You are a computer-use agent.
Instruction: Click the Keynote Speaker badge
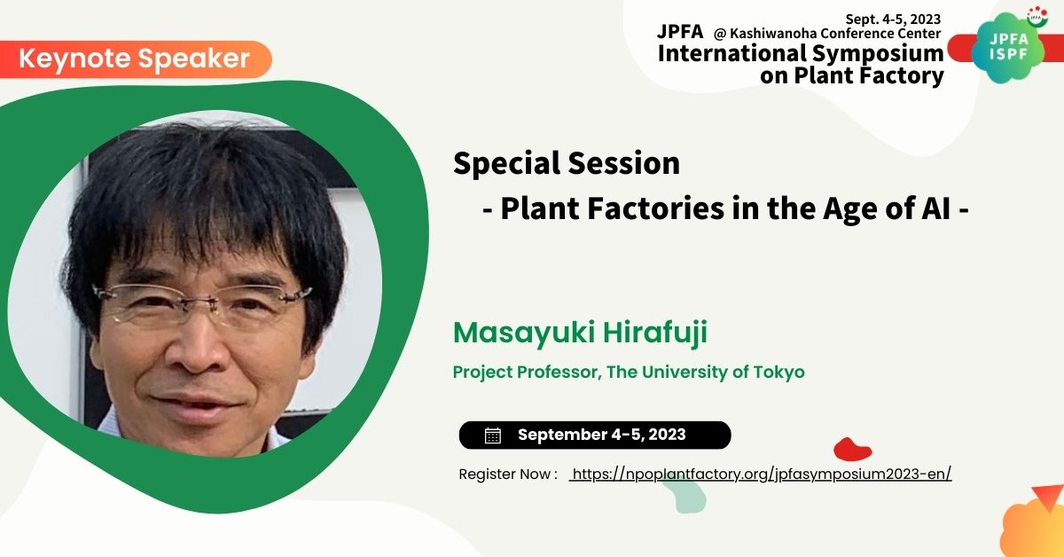click(136, 59)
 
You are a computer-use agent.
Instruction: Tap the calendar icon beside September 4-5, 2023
click(493, 435)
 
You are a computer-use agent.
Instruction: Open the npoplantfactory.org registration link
click(761, 475)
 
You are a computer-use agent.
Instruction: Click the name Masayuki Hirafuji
click(580, 333)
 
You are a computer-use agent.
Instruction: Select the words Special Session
click(567, 163)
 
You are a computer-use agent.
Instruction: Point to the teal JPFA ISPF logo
click(1008, 48)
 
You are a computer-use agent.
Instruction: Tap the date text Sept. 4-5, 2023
click(893, 19)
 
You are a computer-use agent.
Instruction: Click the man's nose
click(197, 349)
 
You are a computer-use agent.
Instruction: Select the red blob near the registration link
click(853, 449)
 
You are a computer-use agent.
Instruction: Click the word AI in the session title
click(935, 208)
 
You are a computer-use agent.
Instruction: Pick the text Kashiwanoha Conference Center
click(835, 34)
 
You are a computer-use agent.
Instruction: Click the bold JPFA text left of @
click(680, 31)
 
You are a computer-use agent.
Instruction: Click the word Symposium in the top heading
click(878, 54)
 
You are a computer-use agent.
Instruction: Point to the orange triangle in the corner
click(1048, 497)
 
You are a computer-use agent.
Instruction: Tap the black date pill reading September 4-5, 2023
click(595, 435)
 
